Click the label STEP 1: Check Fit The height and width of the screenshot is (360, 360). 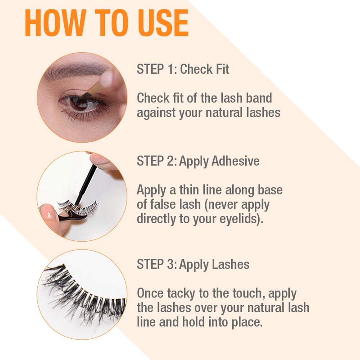click(x=183, y=70)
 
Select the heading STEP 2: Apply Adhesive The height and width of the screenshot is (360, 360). click(x=198, y=161)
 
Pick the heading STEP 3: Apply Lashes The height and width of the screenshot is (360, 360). click(x=193, y=264)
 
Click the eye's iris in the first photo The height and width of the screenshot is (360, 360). click(x=80, y=103)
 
